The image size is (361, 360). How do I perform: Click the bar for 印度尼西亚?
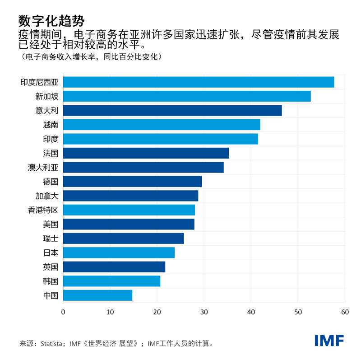pos(199,82)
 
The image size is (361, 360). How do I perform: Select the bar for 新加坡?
pos(187,96)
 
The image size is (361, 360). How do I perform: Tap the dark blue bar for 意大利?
pos(172,111)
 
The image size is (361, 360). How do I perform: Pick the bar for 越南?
pos(162,125)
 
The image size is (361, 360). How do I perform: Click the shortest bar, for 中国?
pos(97,295)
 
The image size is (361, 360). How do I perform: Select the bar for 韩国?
pos(111,281)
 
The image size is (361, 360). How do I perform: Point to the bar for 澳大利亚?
pos(143,168)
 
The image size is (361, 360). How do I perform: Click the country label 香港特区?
pos(43,210)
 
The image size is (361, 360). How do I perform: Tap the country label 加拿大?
pos(47,196)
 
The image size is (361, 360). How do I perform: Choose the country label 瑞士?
pos(51,238)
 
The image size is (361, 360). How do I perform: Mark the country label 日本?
pos(51,252)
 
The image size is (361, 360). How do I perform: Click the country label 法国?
pos(51,153)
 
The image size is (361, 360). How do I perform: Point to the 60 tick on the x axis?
pos(345,312)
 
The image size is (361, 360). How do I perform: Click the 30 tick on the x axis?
pos(204,312)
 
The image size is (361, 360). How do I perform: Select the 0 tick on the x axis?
pos(63,312)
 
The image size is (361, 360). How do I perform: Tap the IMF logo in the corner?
pos(329,341)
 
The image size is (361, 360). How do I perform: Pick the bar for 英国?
pos(114,267)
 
